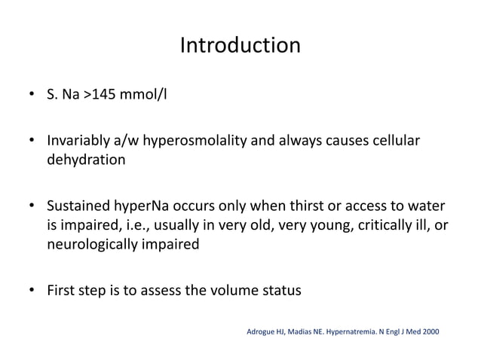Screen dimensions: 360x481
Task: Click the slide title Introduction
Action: tap(240, 46)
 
